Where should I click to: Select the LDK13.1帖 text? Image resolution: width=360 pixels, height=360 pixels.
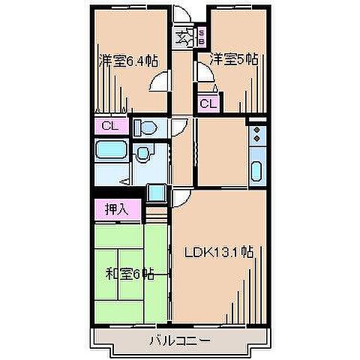(x=219, y=252)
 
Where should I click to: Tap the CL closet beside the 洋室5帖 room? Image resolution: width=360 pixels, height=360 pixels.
(x=208, y=103)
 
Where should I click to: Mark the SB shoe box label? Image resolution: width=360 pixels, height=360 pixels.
(x=201, y=35)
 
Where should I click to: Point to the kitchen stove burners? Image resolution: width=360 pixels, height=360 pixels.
(x=256, y=136)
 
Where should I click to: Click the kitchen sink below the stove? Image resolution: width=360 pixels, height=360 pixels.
(x=256, y=171)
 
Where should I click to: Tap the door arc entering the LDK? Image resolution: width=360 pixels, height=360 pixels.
(x=182, y=199)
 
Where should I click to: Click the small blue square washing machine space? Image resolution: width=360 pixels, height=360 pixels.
(x=156, y=192)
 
